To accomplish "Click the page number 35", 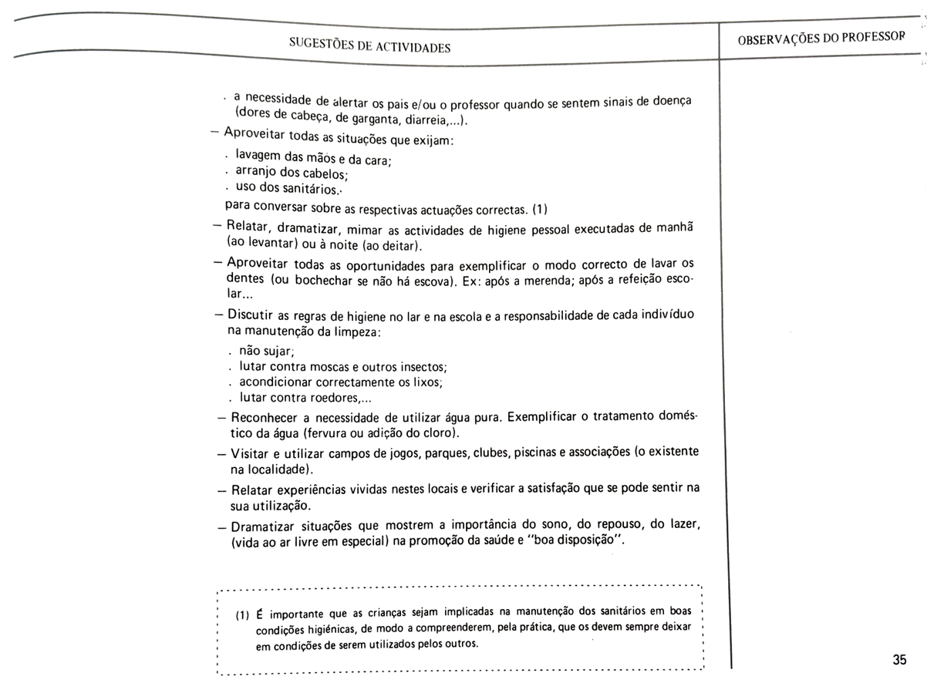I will click(x=898, y=660).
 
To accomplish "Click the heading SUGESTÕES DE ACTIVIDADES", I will click(x=369, y=45).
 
